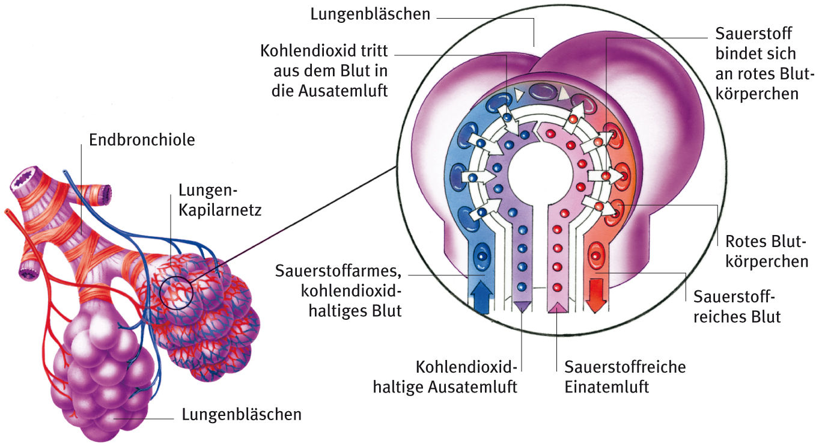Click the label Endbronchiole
tap(142, 141)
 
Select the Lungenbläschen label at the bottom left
tap(242, 414)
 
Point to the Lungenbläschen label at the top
tap(370, 14)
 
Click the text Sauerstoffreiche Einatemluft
tap(625, 376)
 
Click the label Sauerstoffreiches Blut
tap(737, 307)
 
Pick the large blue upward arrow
tap(482, 296)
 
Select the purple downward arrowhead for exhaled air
tap(521, 305)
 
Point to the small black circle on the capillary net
tap(176, 292)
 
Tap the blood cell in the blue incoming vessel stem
tap(482, 257)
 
